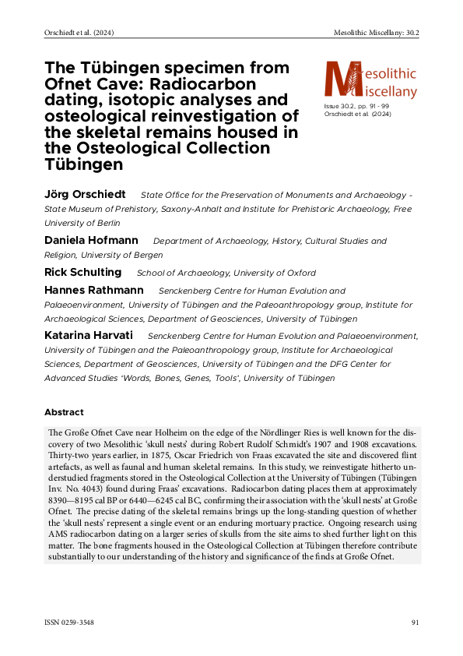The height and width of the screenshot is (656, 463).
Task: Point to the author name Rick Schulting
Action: pyautogui.click(x=83, y=272)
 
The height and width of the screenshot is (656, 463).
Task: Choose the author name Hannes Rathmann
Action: pyautogui.click(x=94, y=290)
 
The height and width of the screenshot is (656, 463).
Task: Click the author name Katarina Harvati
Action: pyautogui.click(x=89, y=335)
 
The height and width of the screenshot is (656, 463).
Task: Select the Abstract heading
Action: pyautogui.click(x=64, y=411)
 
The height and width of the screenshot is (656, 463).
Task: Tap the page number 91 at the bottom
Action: pyautogui.click(x=416, y=622)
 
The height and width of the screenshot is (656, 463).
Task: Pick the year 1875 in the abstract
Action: pyautogui.click(x=147, y=460)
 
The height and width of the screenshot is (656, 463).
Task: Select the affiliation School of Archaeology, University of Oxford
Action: pyautogui.click(x=226, y=273)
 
